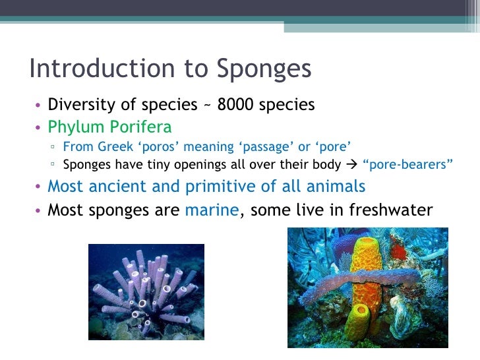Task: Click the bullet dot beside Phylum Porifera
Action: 40,127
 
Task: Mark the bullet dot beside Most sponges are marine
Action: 40,212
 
